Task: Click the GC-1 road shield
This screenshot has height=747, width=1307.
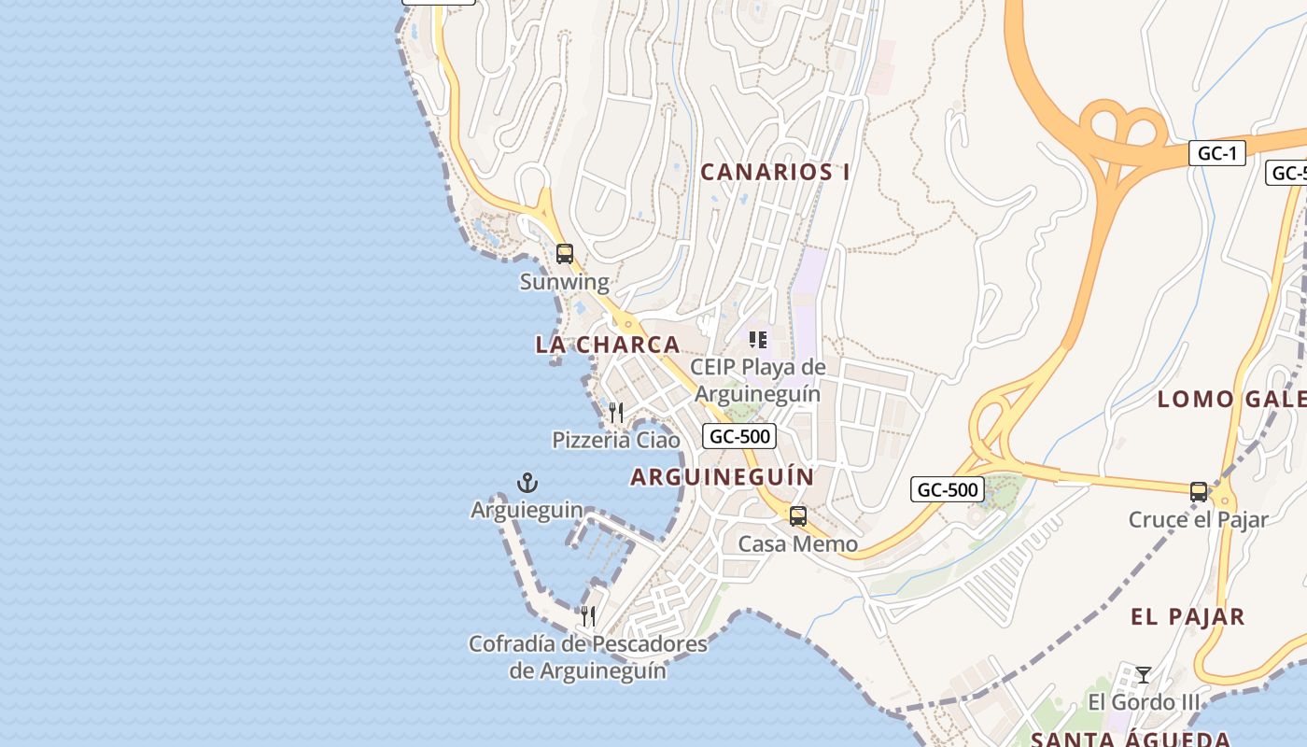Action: (x=1216, y=154)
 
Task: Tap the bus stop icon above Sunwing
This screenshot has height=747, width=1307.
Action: (x=564, y=253)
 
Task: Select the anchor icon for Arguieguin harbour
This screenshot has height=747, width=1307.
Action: (x=527, y=483)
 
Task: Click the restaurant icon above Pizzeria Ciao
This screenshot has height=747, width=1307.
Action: (x=615, y=412)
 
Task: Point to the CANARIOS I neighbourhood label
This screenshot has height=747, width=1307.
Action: (x=775, y=172)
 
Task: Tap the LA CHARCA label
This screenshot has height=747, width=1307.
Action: (x=607, y=345)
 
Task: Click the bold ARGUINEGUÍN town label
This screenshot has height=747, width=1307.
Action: (x=722, y=477)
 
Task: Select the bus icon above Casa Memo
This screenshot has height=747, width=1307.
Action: (x=797, y=516)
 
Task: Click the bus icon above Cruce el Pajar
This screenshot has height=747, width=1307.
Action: (x=1198, y=492)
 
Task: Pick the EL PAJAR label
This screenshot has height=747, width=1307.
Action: (x=1187, y=617)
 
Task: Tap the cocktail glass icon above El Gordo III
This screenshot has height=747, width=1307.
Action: (x=1143, y=674)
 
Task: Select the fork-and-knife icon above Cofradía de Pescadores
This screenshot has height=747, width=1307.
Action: (x=587, y=616)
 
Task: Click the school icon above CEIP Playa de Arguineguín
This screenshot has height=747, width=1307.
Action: (x=757, y=339)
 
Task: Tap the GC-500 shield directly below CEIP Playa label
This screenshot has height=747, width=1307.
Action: (x=739, y=436)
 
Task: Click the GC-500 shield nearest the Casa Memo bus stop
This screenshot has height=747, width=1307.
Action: (x=947, y=489)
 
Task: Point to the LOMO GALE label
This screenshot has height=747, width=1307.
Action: (x=1230, y=400)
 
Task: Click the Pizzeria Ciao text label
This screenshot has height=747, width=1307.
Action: (x=615, y=440)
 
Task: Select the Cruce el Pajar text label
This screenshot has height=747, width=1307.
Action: (x=1198, y=520)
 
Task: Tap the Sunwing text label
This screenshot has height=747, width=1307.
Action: (x=564, y=282)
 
